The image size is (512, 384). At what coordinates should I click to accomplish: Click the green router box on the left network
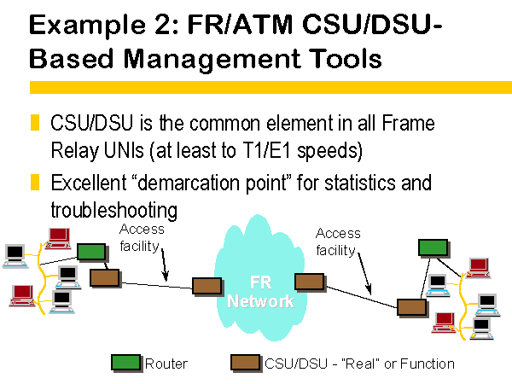(91, 252)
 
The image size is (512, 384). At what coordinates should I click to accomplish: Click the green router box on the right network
(433, 247)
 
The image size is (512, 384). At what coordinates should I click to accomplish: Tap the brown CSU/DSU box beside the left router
(104, 277)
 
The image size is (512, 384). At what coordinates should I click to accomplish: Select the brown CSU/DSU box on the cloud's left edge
(207, 286)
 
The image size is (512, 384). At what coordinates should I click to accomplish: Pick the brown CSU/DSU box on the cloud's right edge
(309, 282)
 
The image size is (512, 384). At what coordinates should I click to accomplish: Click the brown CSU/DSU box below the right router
(412, 307)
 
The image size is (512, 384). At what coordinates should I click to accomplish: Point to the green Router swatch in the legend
(126, 363)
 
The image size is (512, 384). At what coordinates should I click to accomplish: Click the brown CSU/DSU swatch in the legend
(245, 363)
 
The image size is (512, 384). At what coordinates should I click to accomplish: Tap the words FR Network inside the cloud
(260, 292)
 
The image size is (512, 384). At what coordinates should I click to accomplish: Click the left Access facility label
(142, 237)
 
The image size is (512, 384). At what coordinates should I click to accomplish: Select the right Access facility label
(338, 241)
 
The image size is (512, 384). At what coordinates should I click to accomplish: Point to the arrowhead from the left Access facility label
(166, 276)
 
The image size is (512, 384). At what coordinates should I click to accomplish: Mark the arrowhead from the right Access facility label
(369, 290)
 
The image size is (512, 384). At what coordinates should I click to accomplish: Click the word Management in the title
(212, 59)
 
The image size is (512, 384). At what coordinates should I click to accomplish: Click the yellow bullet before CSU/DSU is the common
(35, 122)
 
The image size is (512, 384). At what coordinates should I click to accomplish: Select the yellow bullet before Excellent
(35, 182)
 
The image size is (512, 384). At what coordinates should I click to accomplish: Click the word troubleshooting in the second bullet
(114, 210)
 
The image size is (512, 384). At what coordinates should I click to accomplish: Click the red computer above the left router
(58, 239)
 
